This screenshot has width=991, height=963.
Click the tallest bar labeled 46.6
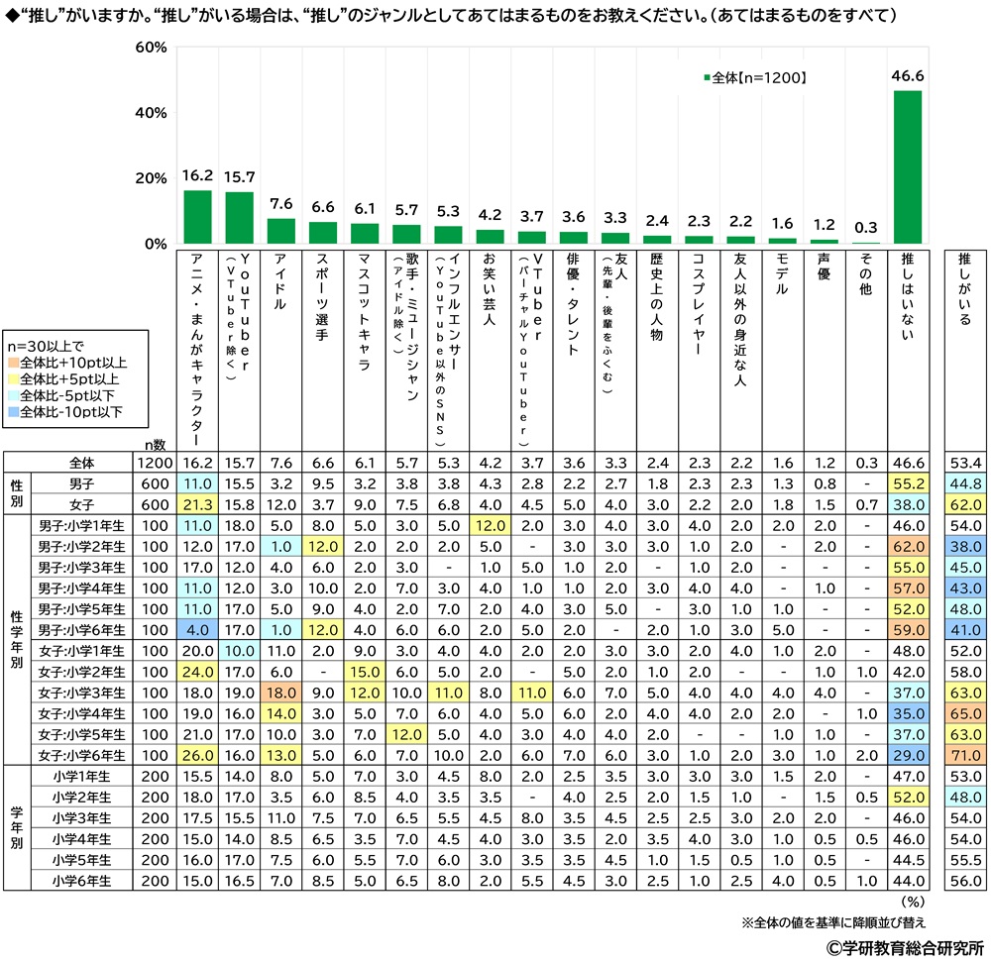[908, 167]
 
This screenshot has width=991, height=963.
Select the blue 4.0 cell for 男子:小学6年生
[198, 629]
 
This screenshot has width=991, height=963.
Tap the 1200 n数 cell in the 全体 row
[157, 463]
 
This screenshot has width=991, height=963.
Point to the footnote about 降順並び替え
[832, 921]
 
